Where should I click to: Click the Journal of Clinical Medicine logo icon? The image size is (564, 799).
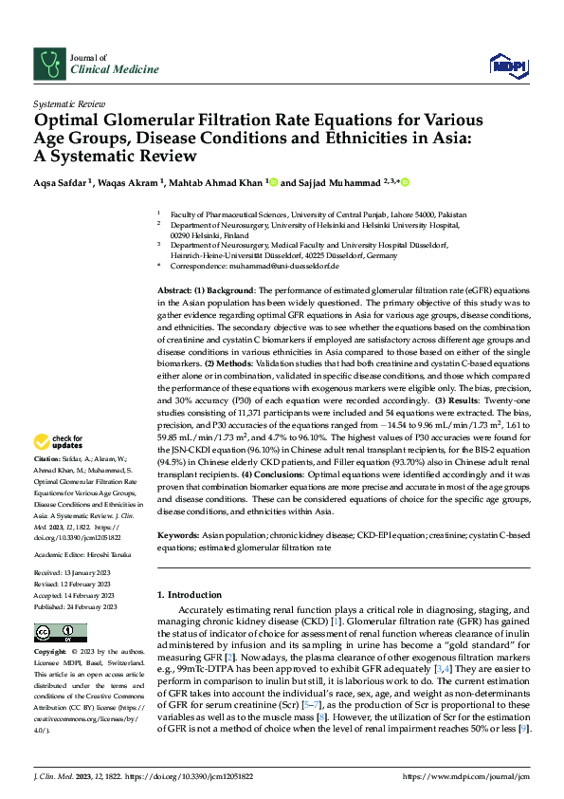pyautogui.click(x=46, y=64)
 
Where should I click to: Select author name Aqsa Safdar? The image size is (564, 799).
pyautogui.click(x=63, y=181)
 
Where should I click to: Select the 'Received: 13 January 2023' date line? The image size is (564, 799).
pyautogui.click(x=75, y=573)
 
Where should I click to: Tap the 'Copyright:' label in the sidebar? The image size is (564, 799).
pyautogui.click(x=51, y=653)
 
